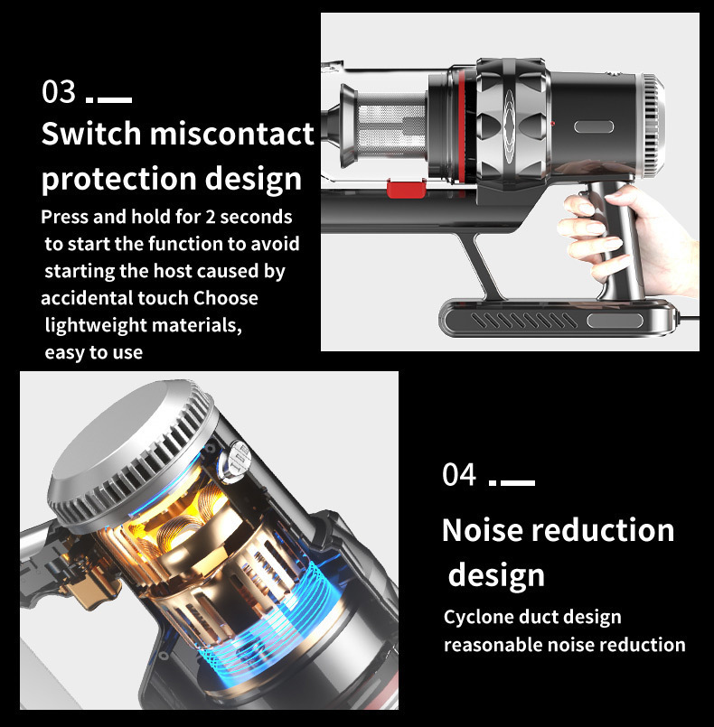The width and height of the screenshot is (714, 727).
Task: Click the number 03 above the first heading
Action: point(59,91)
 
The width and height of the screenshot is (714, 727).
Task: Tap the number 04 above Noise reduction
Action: point(459,475)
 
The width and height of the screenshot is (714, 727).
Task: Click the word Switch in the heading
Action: point(91,134)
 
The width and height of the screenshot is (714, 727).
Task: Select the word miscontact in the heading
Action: point(232,134)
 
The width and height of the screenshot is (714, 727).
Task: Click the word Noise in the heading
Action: point(482,530)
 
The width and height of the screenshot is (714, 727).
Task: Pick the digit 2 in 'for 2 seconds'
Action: point(211,217)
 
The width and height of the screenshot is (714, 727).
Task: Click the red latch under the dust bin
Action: point(407,189)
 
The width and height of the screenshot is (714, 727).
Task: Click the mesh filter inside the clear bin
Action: point(392,130)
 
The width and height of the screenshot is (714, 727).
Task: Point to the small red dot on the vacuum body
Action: point(552,124)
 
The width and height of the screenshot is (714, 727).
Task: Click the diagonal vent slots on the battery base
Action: point(524,321)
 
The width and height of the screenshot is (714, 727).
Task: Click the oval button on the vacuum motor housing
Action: point(594,126)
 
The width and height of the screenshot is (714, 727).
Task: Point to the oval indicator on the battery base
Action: point(615,321)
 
